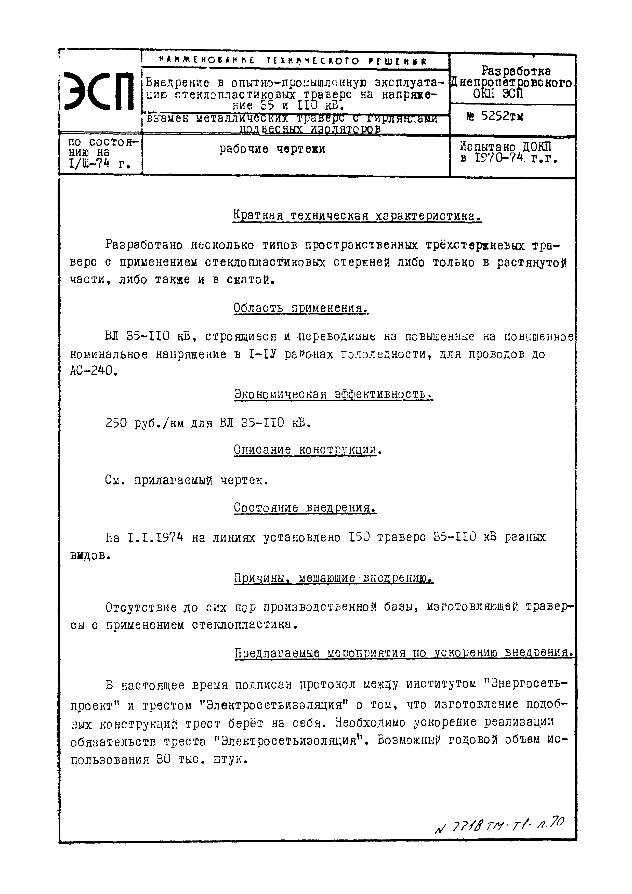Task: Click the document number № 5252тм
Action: point(495,116)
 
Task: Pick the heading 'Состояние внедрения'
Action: point(305,508)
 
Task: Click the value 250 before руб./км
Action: point(116,423)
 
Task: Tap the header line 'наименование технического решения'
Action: point(293,61)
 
